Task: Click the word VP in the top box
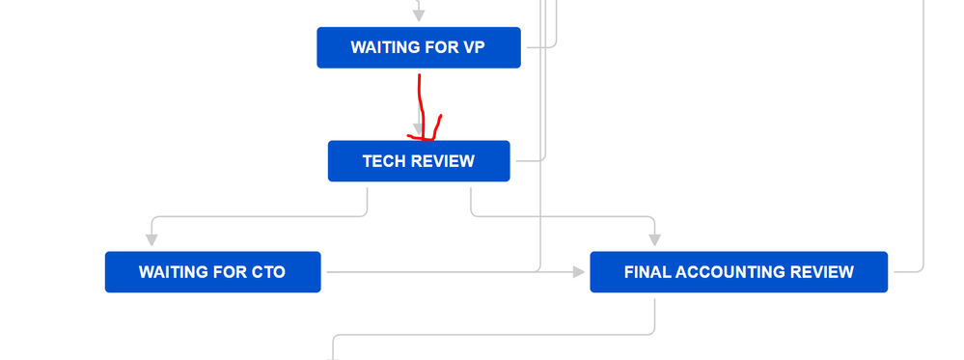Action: point(474,47)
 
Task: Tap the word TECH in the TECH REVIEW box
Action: point(384,161)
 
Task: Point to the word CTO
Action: point(267,272)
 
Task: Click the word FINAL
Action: point(647,272)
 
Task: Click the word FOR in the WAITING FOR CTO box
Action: point(232,272)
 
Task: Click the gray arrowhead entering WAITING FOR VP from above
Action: point(419,14)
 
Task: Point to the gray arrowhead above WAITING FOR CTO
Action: point(151,238)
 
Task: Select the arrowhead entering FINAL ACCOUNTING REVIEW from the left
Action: point(579,272)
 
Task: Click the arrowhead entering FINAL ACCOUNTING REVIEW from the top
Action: point(655,238)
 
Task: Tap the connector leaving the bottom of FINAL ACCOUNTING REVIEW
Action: point(655,317)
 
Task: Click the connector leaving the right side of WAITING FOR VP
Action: point(540,45)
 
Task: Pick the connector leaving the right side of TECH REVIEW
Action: point(529,159)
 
